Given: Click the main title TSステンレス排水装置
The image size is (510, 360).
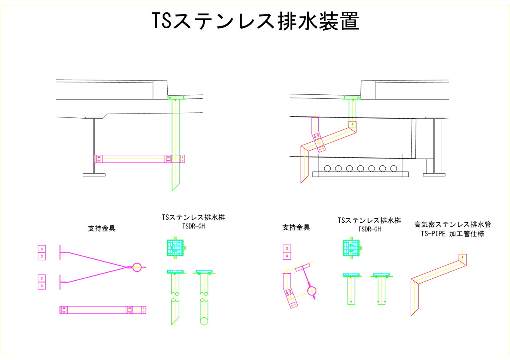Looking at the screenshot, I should (x=255, y=21).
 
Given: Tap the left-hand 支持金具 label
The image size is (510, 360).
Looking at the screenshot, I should (x=102, y=229).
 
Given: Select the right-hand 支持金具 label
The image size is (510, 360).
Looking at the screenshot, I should (x=296, y=227).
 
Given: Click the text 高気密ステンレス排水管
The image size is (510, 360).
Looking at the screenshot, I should (x=449, y=225).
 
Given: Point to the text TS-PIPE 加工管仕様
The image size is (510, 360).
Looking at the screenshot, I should (x=452, y=234).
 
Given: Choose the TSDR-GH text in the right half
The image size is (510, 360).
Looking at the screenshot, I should (x=369, y=229).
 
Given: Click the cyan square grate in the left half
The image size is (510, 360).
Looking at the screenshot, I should (x=175, y=249).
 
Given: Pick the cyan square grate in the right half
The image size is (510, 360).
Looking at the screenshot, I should (x=351, y=248).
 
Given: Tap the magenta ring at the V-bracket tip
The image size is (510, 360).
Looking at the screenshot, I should (x=137, y=267).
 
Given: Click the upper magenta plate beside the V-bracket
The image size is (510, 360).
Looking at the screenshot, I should (x=42, y=252).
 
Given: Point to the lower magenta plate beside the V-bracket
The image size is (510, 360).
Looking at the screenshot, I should (x=42, y=282).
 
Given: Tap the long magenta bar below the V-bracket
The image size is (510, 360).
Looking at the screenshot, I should (x=103, y=310).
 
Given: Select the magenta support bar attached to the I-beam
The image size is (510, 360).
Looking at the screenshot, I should (x=139, y=159).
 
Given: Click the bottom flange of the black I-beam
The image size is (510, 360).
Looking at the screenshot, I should (x=94, y=174).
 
